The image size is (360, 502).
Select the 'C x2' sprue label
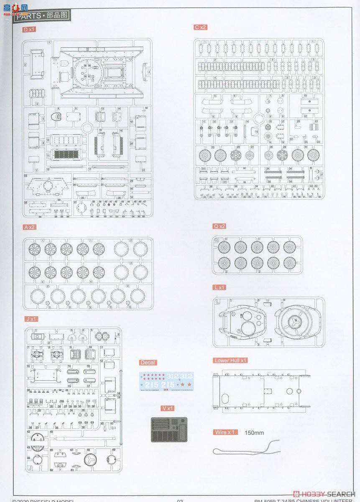[x=200, y=27]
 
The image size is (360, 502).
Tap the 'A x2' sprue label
[x=30, y=227]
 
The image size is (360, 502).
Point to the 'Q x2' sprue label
[x=220, y=226]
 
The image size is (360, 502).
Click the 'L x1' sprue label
[x=220, y=287]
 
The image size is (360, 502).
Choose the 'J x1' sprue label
[x=31, y=319]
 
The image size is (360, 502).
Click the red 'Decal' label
[x=148, y=363]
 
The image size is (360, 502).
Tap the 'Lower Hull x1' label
[x=230, y=360]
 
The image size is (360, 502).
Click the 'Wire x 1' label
[x=225, y=432]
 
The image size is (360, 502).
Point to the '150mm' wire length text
[x=254, y=433]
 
